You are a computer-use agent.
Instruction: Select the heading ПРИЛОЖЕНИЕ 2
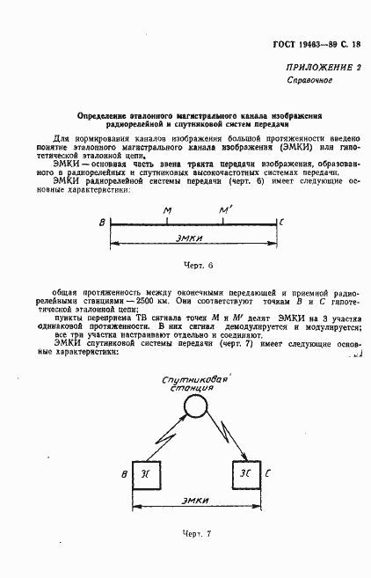click(x=323, y=68)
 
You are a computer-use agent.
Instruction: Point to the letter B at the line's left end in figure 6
click(x=102, y=223)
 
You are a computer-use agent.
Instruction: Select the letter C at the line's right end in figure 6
click(x=281, y=223)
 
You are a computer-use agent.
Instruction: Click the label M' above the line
click(x=225, y=210)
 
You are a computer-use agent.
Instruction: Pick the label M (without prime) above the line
click(x=167, y=210)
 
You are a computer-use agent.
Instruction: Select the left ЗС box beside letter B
click(x=146, y=475)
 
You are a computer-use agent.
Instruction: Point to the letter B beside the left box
click(x=124, y=476)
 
